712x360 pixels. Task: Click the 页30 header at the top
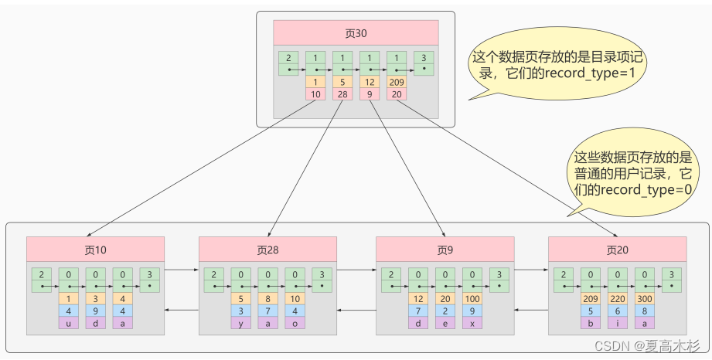point(356,32)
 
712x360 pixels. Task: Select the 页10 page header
point(95,250)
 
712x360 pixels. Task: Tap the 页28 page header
point(268,250)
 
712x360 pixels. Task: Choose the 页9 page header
point(445,250)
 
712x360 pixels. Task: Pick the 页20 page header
point(618,250)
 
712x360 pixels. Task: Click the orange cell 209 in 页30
point(397,82)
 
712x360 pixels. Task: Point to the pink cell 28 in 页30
point(342,94)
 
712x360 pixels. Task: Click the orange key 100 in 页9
point(472,299)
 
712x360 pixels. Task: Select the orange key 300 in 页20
point(645,299)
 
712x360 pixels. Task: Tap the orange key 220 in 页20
point(618,299)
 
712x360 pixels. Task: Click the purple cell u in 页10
point(69,323)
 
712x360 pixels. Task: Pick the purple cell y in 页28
point(240,323)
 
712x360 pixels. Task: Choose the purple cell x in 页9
point(472,323)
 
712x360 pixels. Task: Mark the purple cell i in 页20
point(618,323)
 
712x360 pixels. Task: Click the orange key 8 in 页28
point(268,299)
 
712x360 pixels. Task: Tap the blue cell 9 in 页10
point(95,311)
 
